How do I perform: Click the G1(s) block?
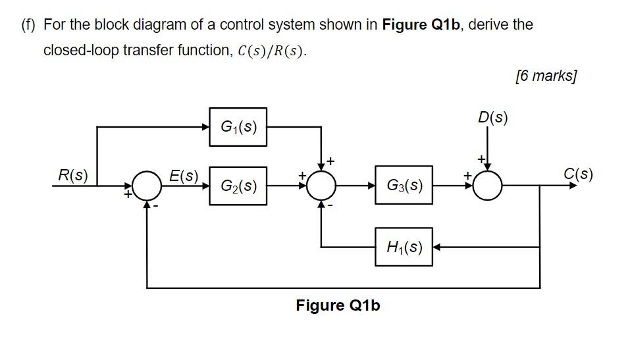238,126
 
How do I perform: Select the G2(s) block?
238,186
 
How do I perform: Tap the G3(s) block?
404,186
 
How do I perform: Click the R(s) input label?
72,175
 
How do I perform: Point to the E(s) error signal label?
184,176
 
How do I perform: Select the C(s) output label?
578,174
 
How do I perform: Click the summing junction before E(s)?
147,186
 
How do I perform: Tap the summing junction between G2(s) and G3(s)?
322,186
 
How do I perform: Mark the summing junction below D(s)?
488,186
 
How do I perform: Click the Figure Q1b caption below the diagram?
338,305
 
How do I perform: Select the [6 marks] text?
546,76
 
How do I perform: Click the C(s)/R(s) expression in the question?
269,51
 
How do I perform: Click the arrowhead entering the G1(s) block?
205,127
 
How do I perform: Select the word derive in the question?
490,25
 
